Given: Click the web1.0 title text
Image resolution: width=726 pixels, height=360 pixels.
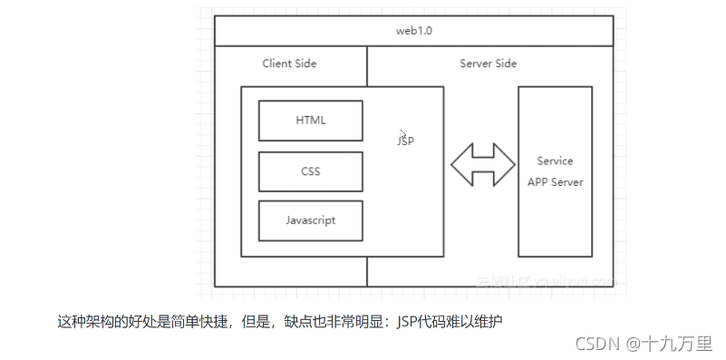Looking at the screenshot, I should pos(413,31).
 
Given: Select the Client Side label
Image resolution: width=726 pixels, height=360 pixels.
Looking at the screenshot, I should pos(289,63).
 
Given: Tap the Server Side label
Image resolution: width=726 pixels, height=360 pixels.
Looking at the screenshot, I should pos(489,63).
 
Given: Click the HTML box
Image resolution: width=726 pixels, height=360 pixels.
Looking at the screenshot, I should pos(310,120).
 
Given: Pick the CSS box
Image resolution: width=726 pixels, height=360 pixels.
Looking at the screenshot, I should pos(310,170).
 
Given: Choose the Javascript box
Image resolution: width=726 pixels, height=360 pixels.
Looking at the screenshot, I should pos(310,220).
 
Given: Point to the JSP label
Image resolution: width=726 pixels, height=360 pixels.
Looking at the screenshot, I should pos(405,141).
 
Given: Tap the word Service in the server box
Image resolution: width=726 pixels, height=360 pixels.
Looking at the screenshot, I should pos(555,161).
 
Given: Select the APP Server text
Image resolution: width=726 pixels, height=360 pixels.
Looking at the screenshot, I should pos(555,181).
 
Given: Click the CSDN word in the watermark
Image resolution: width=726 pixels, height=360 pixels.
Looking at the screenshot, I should pos(595,344).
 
